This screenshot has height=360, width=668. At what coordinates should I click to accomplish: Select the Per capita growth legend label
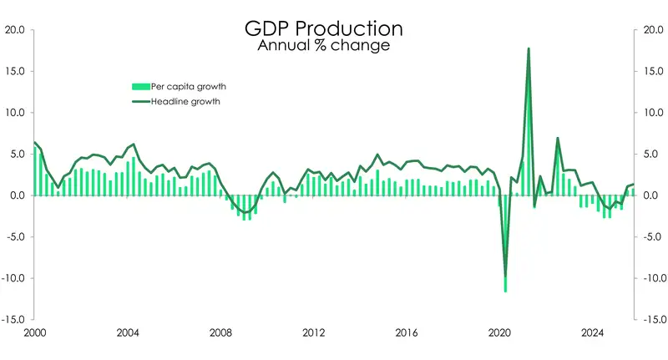pos(189,86)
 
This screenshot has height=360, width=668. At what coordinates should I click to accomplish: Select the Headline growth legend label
pos(185,102)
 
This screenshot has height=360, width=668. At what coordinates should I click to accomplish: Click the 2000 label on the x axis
pos(34,333)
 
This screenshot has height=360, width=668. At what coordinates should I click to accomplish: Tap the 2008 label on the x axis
pos(220,333)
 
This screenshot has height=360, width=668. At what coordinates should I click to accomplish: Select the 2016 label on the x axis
pos(407,333)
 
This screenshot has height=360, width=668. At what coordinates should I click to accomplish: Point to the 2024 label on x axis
pos(593,333)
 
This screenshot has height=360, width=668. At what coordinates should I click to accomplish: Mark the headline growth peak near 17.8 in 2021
pos(529,48)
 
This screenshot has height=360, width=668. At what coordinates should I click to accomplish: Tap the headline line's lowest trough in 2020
pos(505,276)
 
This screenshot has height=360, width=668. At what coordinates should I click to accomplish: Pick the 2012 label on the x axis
pos(314,333)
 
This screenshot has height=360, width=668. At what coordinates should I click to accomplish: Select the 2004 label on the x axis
pos(127,333)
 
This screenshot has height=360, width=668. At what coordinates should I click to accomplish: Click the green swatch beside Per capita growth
pos(139,86)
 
